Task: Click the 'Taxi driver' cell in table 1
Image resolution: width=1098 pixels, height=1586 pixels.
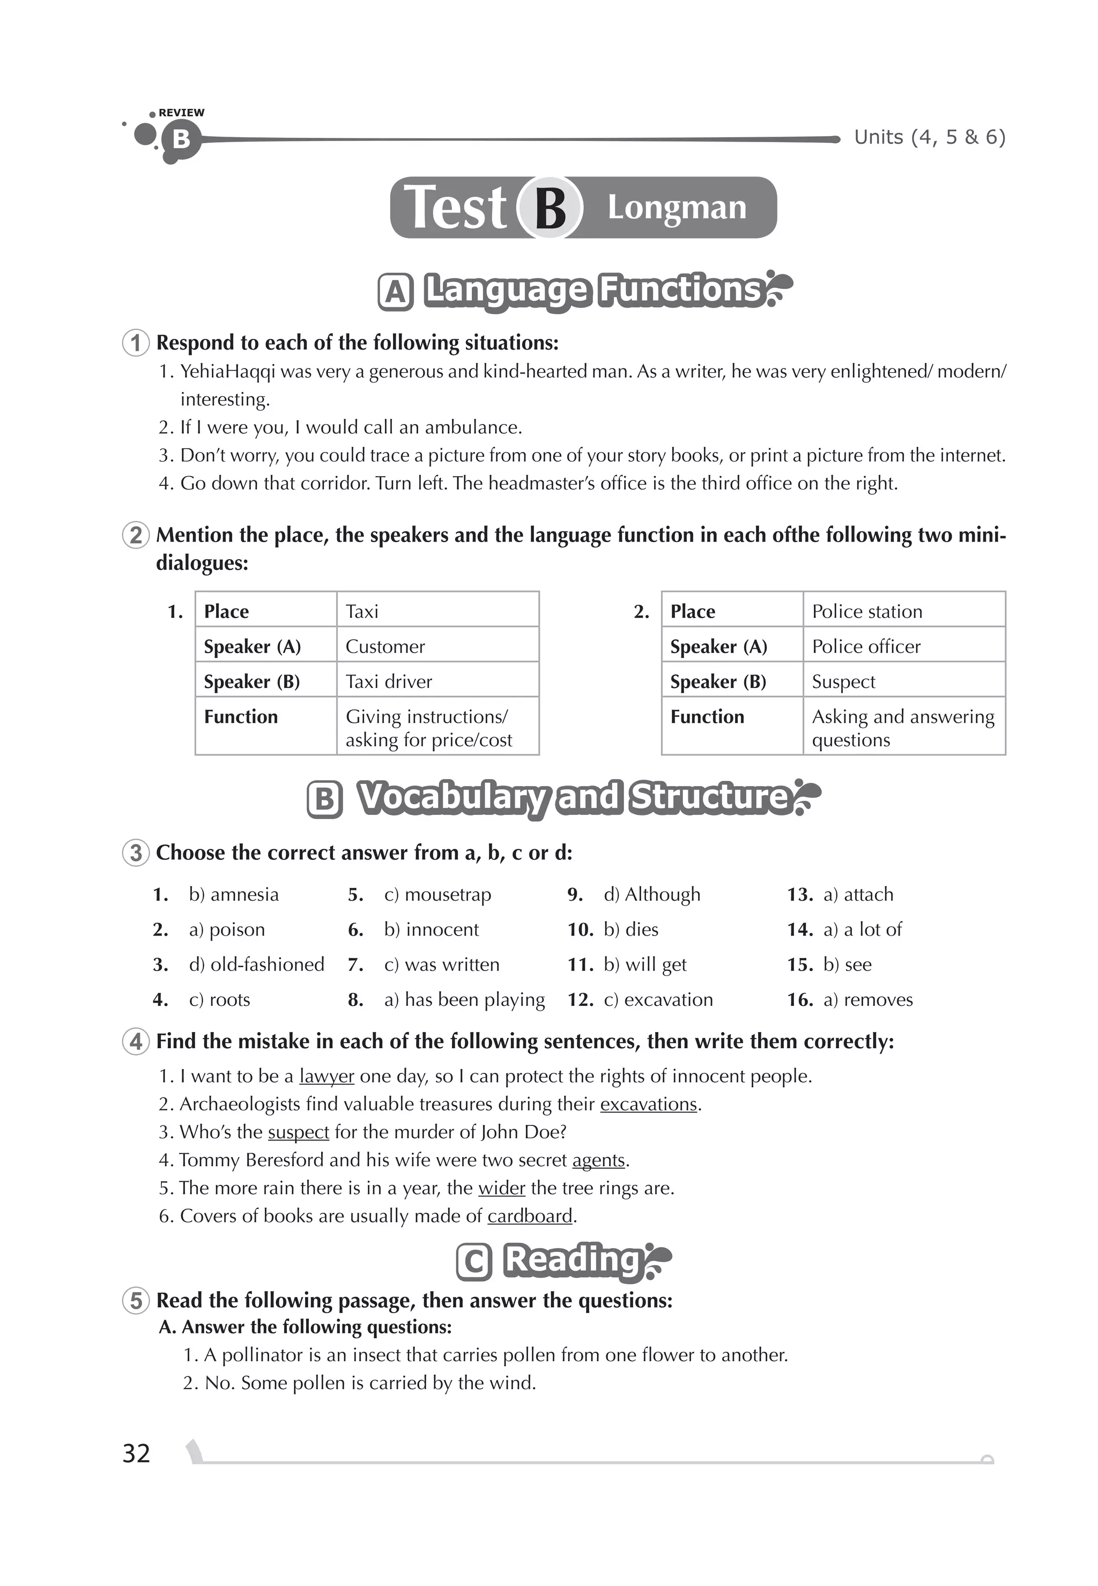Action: point(389,681)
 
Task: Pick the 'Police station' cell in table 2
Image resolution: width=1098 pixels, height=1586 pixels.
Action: point(867,611)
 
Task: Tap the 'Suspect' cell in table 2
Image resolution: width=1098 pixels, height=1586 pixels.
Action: point(843,681)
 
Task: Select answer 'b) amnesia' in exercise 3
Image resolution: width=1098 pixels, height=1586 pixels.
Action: point(233,894)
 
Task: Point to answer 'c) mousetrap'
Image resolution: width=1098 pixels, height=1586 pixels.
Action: point(437,894)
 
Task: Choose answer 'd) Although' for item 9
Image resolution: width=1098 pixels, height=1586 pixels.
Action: point(651,894)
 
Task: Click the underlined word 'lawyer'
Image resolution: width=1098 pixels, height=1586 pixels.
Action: point(327,1076)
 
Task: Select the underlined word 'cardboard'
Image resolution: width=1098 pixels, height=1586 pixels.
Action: point(530,1216)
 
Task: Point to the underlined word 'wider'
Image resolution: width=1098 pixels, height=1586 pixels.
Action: point(501,1188)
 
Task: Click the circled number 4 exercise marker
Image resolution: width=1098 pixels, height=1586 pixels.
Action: point(136,1041)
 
